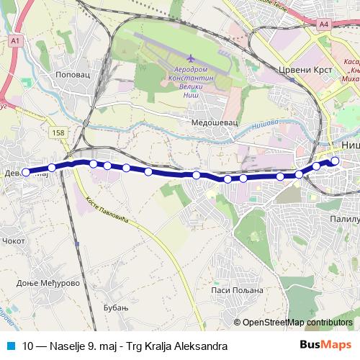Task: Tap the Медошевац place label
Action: [x=210, y=123]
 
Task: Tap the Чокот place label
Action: [x=14, y=241]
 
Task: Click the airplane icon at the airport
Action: [x=190, y=58]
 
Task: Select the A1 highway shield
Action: [x=15, y=42]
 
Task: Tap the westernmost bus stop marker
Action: [x=26, y=172]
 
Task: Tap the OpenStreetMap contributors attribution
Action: [x=297, y=323]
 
